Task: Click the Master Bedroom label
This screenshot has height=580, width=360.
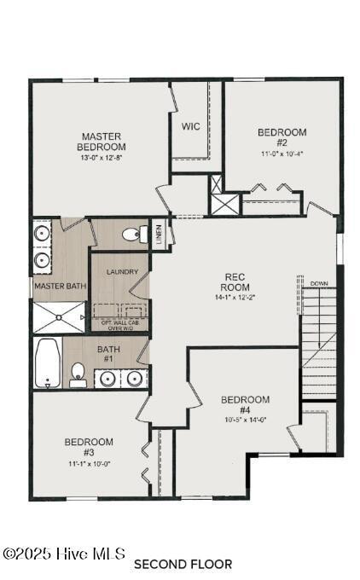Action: [x=102, y=142]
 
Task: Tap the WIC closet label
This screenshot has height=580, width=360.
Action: [x=190, y=126]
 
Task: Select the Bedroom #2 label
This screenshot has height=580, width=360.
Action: [x=282, y=137]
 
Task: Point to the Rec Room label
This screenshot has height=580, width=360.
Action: [x=235, y=281]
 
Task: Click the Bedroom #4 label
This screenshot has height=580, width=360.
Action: [x=245, y=405]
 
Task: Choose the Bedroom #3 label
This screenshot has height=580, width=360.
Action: [x=89, y=447]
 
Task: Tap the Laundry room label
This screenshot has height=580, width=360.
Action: [x=122, y=272]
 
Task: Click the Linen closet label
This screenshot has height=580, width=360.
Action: [x=159, y=235]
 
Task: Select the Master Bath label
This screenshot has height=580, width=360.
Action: [x=60, y=286]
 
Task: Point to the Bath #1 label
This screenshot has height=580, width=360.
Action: [x=108, y=354]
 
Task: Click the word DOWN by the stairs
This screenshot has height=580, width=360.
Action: [x=319, y=283]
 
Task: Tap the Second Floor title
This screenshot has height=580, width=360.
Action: [x=183, y=564]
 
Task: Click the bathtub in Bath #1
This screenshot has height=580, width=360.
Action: [x=47, y=363]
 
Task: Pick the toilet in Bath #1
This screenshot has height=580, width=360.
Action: [x=78, y=374]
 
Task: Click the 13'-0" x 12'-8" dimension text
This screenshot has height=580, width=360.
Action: [x=102, y=158]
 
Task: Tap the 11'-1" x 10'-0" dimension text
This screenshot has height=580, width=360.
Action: [x=89, y=463]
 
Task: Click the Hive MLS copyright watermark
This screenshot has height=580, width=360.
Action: [x=64, y=554]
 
